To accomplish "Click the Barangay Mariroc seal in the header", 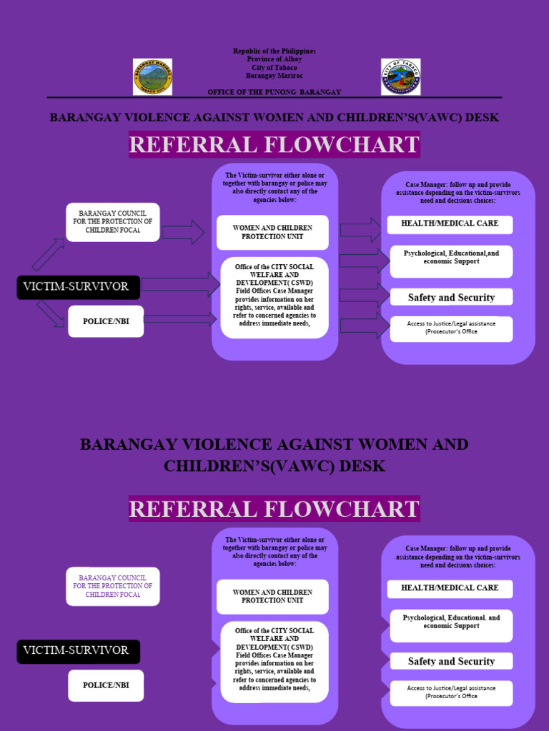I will (x=152, y=77).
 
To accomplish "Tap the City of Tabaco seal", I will (x=400, y=77).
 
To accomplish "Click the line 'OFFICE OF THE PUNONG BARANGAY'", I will (x=274, y=92).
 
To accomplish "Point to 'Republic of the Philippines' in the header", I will (x=274, y=51).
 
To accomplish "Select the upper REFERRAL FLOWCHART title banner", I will (x=274, y=145).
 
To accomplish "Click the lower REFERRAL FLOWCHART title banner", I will (x=274, y=509).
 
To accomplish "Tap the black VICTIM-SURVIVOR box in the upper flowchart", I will (x=79, y=287).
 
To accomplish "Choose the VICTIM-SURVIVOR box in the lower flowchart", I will (x=79, y=651).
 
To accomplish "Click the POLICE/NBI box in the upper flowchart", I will (x=106, y=321).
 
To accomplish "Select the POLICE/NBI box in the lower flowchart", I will (x=106, y=685).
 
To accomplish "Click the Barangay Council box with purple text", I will (x=113, y=586).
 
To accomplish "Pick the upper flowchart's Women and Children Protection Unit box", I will (x=272, y=232).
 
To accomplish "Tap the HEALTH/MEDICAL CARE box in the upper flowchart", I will (x=450, y=224).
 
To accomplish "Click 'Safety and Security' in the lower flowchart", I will (x=451, y=661).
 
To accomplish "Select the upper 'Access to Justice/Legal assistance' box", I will (x=451, y=328).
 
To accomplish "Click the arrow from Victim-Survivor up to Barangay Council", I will (x=47, y=255).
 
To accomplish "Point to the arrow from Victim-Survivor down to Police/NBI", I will (x=50, y=313).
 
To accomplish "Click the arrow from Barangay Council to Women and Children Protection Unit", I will (x=183, y=232).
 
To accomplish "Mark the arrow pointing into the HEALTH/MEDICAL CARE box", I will (x=361, y=229).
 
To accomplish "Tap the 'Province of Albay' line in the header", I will (x=274, y=59).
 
